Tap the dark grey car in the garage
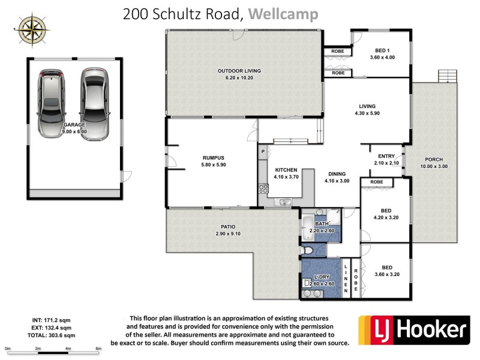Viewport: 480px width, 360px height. (x=52, y=103)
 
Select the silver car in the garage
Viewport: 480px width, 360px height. (x=94, y=103)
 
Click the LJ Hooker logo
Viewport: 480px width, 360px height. (x=413, y=329)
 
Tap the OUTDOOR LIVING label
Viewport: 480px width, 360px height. (x=239, y=71)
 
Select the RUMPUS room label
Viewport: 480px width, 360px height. (x=213, y=158)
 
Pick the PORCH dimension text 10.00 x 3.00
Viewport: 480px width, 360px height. (x=434, y=166)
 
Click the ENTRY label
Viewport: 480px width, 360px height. (x=382, y=156)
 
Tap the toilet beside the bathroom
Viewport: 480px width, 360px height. (x=307, y=250)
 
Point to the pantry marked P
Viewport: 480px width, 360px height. (x=263, y=152)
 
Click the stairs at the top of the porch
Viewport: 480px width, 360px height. (x=448, y=76)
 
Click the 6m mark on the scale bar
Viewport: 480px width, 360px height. (x=98, y=349)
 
